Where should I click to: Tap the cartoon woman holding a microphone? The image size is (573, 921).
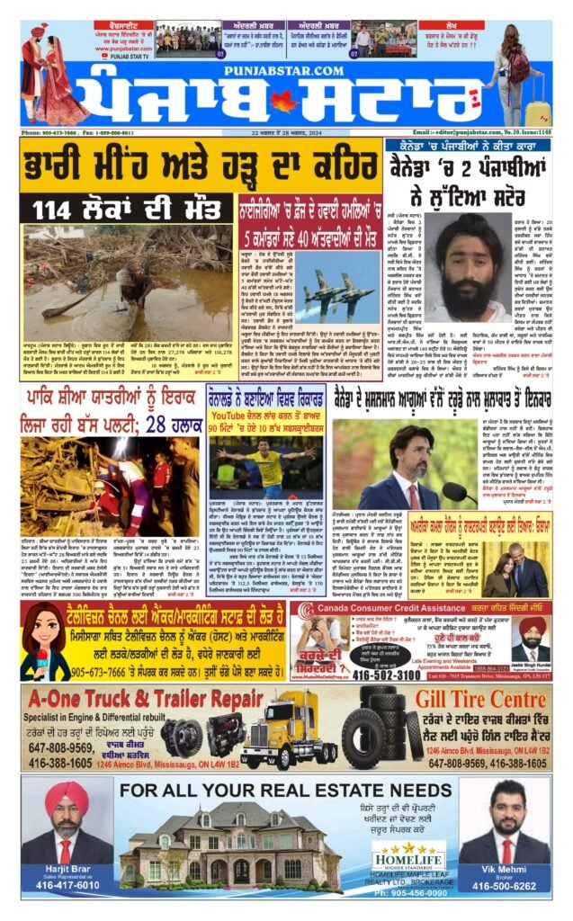click(x=43, y=641)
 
